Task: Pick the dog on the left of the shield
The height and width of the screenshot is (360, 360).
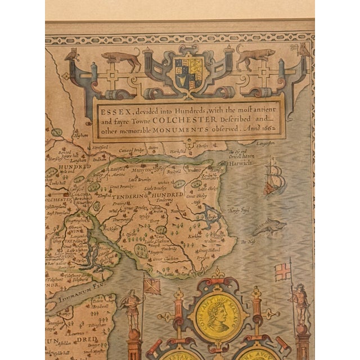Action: [x=120, y=58]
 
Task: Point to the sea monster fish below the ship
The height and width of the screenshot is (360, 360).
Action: [x=268, y=226]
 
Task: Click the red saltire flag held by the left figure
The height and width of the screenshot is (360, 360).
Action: [x=152, y=285]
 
